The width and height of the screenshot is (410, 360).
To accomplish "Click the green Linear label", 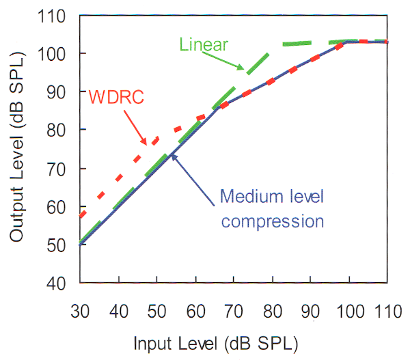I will click(x=203, y=44).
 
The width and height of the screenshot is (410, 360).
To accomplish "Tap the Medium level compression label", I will click(x=271, y=209).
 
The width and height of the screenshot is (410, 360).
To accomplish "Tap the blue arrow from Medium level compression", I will click(x=197, y=175).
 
